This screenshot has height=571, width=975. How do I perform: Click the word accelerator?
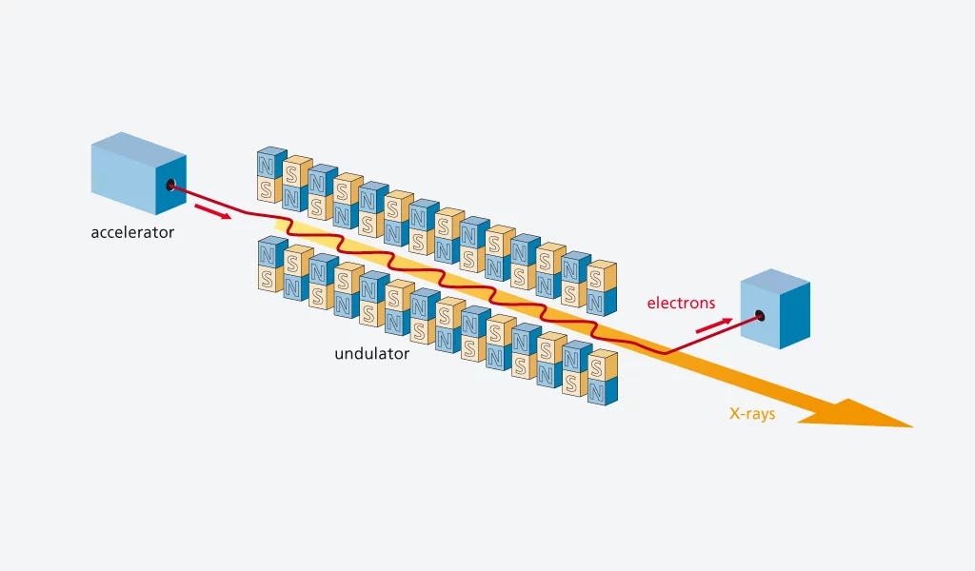pos(132,231)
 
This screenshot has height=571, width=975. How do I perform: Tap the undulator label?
pos(371,354)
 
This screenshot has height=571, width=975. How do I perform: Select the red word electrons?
pos(681,304)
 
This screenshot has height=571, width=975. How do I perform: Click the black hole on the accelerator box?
pos(171,185)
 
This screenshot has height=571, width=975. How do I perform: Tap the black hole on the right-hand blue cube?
pos(760,315)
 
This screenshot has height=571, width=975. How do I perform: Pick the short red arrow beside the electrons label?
pos(714,325)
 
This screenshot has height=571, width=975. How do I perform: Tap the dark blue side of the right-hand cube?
pos(795,313)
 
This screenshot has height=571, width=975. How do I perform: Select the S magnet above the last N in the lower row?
pos(596,367)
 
